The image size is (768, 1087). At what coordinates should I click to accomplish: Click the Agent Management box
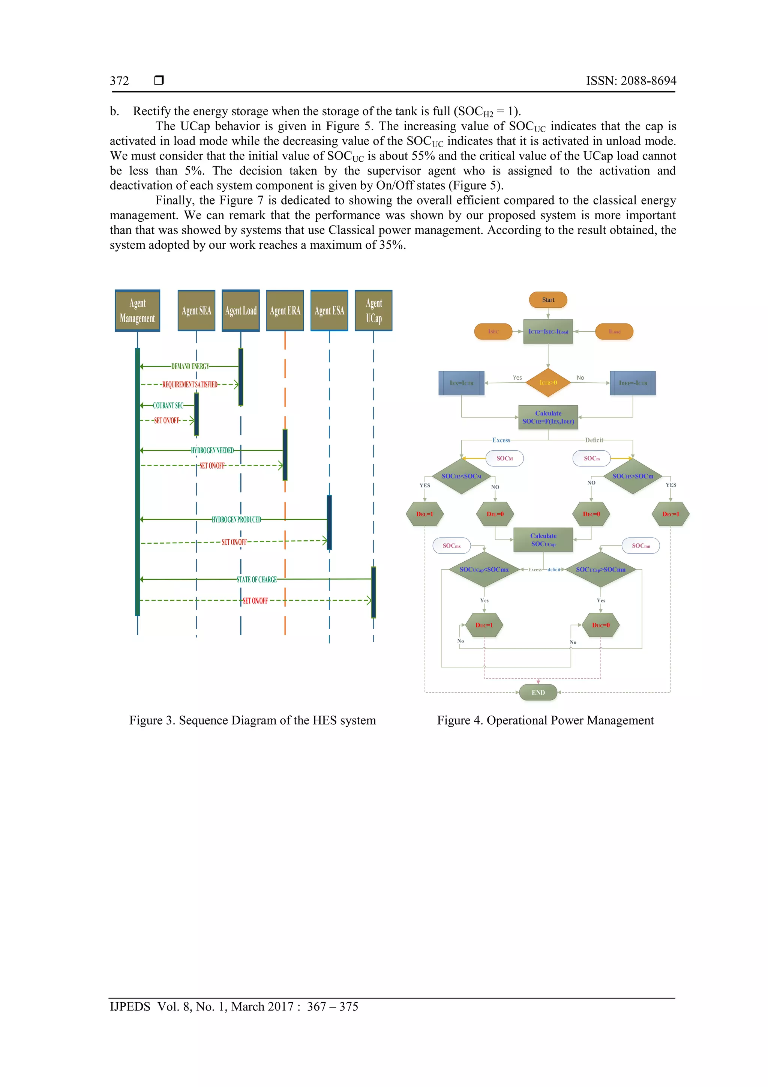(137, 311)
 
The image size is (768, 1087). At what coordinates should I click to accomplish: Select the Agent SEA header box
(196, 311)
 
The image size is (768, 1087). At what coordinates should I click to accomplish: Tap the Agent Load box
(241, 311)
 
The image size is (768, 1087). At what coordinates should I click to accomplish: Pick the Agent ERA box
(285, 311)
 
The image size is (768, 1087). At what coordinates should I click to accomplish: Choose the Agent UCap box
(373, 311)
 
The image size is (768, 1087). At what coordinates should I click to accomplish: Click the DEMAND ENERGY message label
(190, 367)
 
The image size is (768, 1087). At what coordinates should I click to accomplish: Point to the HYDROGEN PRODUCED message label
(236, 520)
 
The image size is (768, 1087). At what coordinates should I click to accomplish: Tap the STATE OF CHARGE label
(256, 579)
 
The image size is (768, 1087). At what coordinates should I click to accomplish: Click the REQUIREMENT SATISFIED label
(190, 385)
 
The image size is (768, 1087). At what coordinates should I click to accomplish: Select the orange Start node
(548, 300)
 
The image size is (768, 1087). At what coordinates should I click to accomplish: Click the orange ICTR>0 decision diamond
(548, 383)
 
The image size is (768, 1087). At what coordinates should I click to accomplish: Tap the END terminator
(538, 693)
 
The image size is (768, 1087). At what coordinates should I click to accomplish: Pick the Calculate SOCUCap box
(543, 540)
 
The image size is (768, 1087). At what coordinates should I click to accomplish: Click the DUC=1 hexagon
(484, 625)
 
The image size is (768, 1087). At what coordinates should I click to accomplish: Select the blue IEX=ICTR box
(461, 383)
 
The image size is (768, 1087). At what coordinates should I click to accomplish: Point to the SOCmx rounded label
(451, 546)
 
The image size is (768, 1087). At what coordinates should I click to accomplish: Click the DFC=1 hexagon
(670, 514)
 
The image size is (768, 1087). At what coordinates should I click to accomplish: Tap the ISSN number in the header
(631, 81)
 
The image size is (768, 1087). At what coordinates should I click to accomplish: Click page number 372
(119, 81)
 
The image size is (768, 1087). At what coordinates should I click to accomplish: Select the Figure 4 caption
(545, 720)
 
